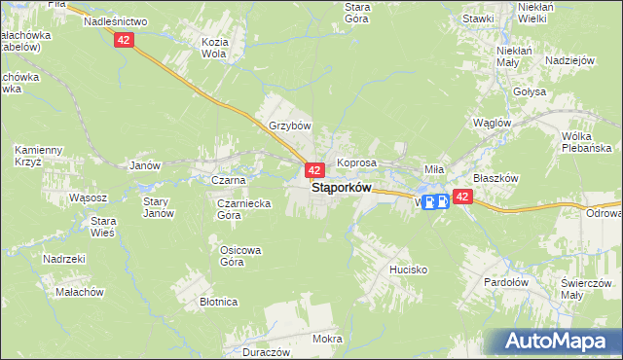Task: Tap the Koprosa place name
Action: coord(356,162)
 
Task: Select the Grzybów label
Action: coord(289,126)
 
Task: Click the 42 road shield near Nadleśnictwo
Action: coord(123,40)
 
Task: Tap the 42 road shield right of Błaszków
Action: coord(462,197)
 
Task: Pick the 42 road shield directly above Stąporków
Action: coord(314,170)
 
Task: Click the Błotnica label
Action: coord(219,302)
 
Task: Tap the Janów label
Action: coord(144,165)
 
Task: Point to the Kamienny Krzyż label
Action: coord(38,155)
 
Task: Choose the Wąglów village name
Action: coord(492,123)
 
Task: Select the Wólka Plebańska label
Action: coord(585,142)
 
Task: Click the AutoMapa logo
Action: coord(563,341)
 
